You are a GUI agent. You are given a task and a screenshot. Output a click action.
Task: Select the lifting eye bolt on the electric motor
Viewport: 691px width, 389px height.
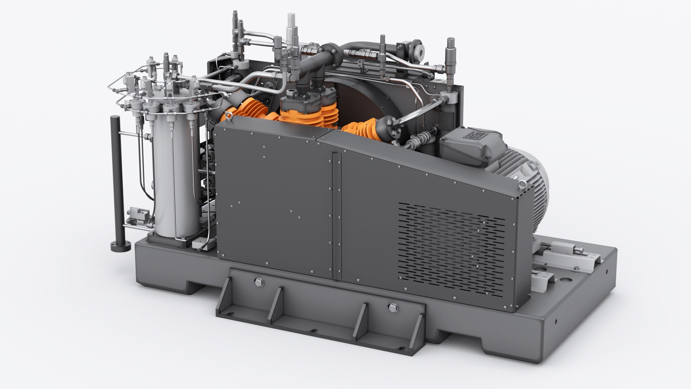pyautogui.click(x=520, y=187)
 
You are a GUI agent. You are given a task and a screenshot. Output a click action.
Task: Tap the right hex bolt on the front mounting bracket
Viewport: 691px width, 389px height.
pyautogui.click(x=392, y=307)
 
